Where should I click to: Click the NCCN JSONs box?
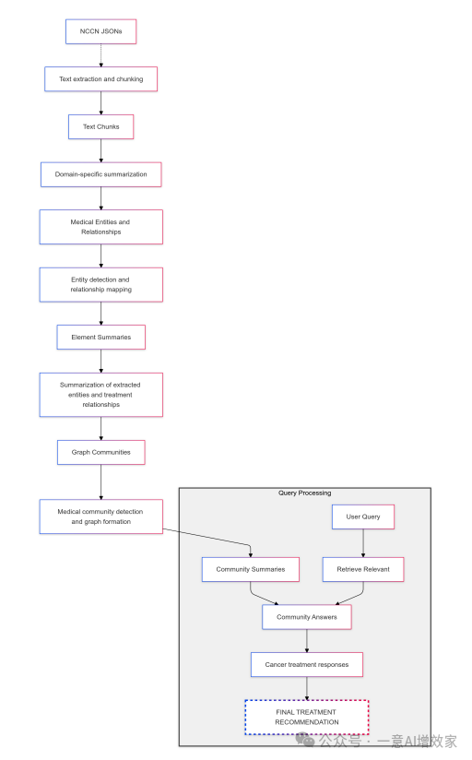coord(101,31)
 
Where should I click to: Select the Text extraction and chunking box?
coord(101,79)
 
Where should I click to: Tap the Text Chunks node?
coord(101,126)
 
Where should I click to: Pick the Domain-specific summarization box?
coord(101,173)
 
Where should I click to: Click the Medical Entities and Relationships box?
coord(101,227)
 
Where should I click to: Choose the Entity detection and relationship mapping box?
coord(101,284)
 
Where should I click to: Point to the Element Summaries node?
coord(101,337)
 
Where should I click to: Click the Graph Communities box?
coord(101,452)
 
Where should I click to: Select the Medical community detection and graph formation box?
coord(101,516)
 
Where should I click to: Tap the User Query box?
coord(362,517)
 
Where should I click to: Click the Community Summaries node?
coord(251,569)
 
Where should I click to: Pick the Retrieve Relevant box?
coord(362,569)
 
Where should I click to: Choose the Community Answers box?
coord(307,617)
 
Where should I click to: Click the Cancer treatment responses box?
coord(307,664)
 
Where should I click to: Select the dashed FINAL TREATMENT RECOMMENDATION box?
coord(307,717)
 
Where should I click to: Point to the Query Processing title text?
coord(304,493)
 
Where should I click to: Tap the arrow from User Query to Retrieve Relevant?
coord(362,543)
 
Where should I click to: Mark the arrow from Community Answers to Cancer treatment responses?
coord(307,641)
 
